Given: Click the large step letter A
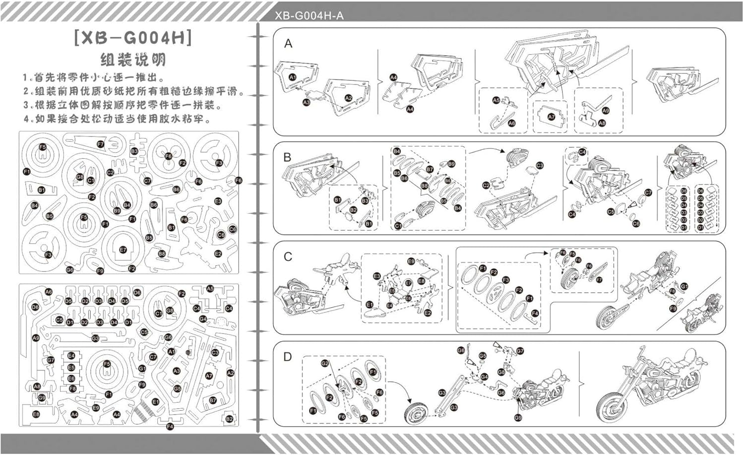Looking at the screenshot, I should click(x=288, y=44).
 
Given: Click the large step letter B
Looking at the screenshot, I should click(x=287, y=157).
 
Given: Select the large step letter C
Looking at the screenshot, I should click(x=288, y=257).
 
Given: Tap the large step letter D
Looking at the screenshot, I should click(x=288, y=357).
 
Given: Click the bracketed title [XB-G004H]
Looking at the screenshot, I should click(x=133, y=38).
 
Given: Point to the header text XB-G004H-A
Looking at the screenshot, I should click(x=309, y=16).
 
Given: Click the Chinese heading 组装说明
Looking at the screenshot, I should click(x=133, y=60).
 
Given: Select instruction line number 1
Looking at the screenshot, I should click(x=94, y=78).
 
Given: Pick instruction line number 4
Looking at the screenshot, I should click(x=117, y=119).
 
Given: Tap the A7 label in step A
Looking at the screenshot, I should click(x=551, y=117).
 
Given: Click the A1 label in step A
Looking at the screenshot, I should click(x=293, y=77).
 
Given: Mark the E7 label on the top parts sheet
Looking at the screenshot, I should click(x=123, y=250).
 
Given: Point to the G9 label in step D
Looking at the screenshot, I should click(x=518, y=417).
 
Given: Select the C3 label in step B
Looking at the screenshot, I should click(x=540, y=166).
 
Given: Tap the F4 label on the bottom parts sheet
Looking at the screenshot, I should click(x=170, y=426).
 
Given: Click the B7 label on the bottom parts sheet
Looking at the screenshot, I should click(x=213, y=400).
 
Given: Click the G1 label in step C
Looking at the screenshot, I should click(x=684, y=286).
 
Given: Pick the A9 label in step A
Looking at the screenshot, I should click(x=606, y=111).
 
